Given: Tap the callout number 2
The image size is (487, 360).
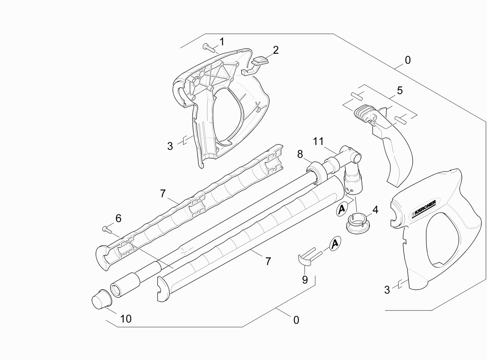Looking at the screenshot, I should pos(275,50).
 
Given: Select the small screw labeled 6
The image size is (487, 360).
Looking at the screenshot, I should pos(107,229).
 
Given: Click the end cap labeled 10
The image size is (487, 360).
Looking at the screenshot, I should pos(101,299).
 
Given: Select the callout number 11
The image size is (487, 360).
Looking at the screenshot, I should pos(319,141).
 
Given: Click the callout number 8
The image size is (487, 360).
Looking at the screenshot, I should pos(300,154).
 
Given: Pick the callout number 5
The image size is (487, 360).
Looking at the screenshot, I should pos(400,91).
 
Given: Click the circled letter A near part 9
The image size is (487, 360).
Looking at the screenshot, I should pos(335,244).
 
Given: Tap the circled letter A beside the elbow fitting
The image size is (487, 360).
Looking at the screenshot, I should pos(342,209).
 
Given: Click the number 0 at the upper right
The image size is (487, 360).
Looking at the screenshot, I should pos(408,60).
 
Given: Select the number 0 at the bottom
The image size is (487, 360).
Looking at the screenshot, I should pos(296,320).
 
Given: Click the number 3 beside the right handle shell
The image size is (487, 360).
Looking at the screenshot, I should pos(387,290).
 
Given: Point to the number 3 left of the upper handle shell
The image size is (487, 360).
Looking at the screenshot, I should pos(170,146).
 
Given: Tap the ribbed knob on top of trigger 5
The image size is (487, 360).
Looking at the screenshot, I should pos(361,111).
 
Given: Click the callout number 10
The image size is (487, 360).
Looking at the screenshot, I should pos(126,319).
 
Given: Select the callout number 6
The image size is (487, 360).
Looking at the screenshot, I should pos(118,219).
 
